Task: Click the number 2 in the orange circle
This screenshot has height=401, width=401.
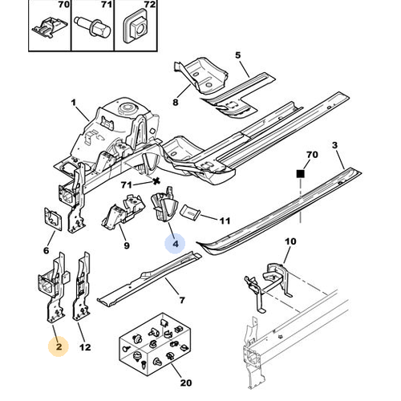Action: tap(59, 346)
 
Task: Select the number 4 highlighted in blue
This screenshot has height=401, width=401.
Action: tap(176, 244)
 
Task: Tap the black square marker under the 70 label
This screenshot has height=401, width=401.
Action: tap(301, 174)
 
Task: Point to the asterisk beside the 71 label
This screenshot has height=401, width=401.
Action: tap(156, 181)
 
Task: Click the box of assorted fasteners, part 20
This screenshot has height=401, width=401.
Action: tap(155, 342)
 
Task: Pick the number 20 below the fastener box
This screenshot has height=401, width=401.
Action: tap(186, 383)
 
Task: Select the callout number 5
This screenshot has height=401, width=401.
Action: tap(238, 55)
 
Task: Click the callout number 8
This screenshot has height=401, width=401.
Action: tap(176, 102)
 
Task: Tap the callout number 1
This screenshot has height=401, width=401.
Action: tap(74, 103)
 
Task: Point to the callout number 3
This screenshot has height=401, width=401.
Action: tap(335, 145)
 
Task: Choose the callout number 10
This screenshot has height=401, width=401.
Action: tap(290, 241)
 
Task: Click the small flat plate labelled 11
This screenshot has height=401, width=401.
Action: tap(190, 212)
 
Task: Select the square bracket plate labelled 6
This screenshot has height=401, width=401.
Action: tap(53, 218)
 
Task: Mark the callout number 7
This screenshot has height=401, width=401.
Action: tap(182, 300)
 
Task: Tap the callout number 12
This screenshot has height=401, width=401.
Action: tap(85, 347)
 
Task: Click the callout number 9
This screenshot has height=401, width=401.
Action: tap(127, 245)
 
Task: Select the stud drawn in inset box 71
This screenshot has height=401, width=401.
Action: tap(91, 26)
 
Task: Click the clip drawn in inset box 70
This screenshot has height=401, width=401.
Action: tap(50, 26)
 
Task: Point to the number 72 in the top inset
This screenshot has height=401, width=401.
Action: tap(149, 5)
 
